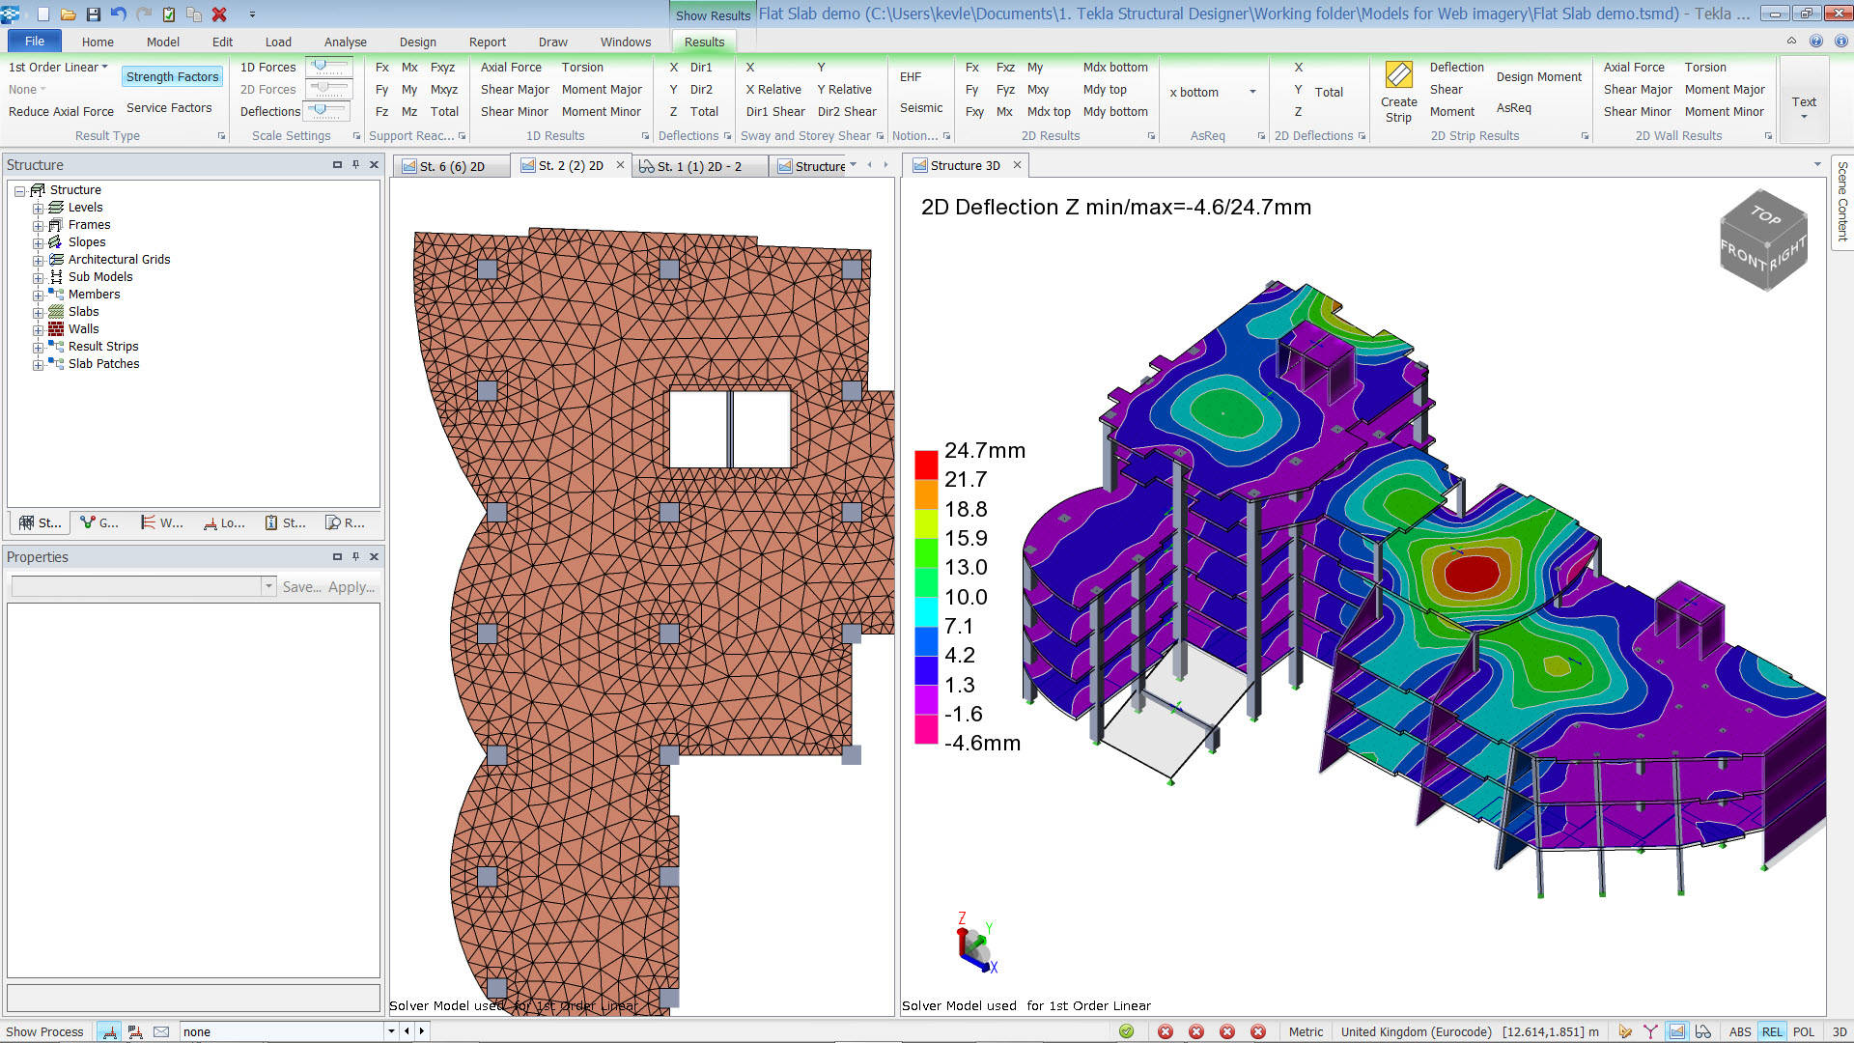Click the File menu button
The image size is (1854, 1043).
click(x=35, y=42)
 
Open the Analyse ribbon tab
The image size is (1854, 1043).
click(x=345, y=42)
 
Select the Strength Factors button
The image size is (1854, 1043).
click(x=172, y=77)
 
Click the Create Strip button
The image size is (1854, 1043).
click(x=1398, y=93)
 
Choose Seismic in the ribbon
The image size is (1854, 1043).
click(x=921, y=108)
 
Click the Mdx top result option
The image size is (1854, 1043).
click(x=1049, y=112)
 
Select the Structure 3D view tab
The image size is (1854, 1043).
click(x=965, y=166)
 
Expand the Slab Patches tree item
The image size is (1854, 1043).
click(x=38, y=364)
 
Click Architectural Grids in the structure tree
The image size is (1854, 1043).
click(x=119, y=260)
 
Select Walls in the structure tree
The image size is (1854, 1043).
click(x=83, y=329)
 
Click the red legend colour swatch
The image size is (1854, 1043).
click(x=926, y=465)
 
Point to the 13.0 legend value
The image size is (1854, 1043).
click(x=966, y=568)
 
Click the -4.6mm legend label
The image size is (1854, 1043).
click(x=982, y=744)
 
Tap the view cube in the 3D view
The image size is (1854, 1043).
click(x=1763, y=240)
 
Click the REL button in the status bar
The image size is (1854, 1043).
click(x=1772, y=1031)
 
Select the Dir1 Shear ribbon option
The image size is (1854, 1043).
click(x=774, y=112)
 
